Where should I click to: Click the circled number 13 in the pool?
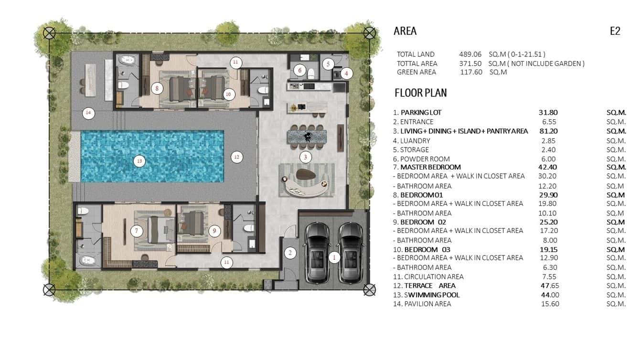click(139, 161)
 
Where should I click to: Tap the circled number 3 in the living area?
click(306, 157)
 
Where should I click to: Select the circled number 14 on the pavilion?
click(88, 113)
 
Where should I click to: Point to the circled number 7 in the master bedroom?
click(137, 231)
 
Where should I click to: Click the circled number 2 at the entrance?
click(289, 253)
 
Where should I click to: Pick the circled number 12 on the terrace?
click(236, 157)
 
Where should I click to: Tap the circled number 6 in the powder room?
click(299, 70)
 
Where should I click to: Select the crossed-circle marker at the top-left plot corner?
click(49, 33)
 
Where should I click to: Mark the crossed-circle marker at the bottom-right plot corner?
click(369, 289)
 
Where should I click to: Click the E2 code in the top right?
click(615, 32)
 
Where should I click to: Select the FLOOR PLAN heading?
click(420, 93)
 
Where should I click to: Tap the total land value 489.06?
click(470, 54)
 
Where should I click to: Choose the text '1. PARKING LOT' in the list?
click(417, 113)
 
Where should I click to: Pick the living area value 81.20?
click(548, 131)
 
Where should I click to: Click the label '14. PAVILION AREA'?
click(422, 304)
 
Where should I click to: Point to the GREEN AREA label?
click(417, 72)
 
